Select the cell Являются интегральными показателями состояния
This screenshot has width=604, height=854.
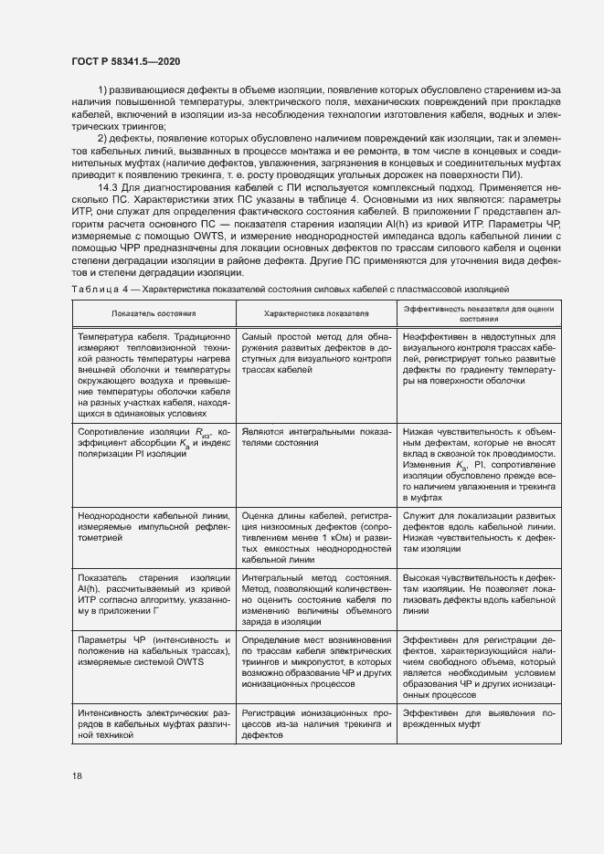pos(316,436)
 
